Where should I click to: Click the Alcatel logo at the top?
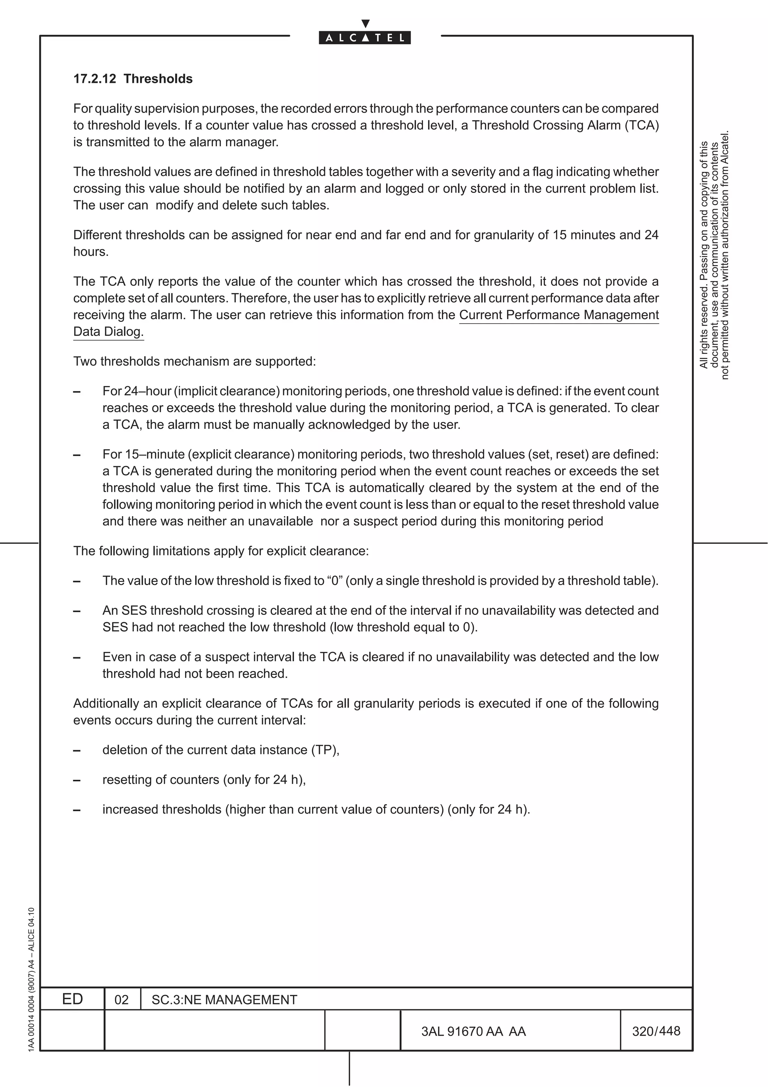(x=364, y=38)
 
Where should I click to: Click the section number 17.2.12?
(x=94, y=79)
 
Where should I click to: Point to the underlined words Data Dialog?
(x=108, y=332)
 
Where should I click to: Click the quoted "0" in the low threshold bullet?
(x=335, y=581)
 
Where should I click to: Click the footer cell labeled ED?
(x=72, y=999)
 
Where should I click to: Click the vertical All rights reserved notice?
(x=714, y=256)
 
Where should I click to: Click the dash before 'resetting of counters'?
(x=76, y=780)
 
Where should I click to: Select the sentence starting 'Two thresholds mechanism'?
(x=194, y=362)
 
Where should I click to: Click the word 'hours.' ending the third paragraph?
(x=91, y=252)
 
